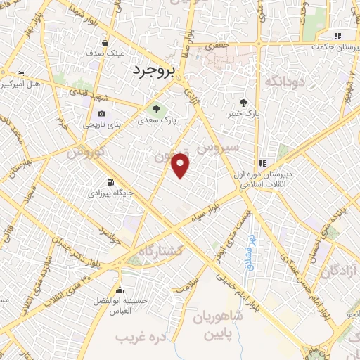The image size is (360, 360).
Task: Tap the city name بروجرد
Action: point(153,70)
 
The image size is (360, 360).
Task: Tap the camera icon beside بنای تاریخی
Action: point(102,114)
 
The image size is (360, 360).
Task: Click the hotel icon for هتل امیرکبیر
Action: point(20,74)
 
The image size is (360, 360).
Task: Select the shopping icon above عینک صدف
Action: point(105,42)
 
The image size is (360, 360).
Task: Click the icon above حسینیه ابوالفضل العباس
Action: point(120,290)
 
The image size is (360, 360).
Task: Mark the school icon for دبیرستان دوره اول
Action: point(262,160)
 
